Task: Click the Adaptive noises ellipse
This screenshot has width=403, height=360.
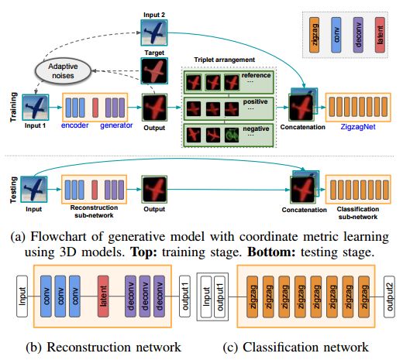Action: pos(63,70)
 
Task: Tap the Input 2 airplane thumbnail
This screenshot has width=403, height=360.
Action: pos(154,33)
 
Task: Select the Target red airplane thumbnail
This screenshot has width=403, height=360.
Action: pos(154,70)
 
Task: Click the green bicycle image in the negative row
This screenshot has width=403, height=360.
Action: pos(232,135)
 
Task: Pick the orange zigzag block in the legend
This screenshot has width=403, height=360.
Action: pos(314,35)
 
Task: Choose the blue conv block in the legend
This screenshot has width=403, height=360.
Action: pos(336,35)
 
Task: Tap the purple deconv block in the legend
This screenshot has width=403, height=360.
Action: pos(358,35)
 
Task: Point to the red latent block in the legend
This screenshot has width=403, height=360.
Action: pos(380,35)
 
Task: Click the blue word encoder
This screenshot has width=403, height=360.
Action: pos(75,125)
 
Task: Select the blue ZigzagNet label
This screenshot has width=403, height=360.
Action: pos(358,127)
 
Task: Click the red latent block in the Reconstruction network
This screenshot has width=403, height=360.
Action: pos(103,297)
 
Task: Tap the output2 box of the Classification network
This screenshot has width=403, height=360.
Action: pos(389,297)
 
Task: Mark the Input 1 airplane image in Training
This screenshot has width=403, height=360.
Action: pos(36,107)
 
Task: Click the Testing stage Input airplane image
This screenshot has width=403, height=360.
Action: pos(34,189)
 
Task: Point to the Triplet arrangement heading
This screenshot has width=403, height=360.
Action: pos(224,60)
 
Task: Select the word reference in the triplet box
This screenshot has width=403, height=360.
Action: pos(256,75)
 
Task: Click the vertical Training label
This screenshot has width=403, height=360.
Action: pos(13,107)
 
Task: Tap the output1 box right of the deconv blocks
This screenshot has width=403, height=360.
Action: pos(185,297)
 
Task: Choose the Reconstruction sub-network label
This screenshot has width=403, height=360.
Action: pos(94,211)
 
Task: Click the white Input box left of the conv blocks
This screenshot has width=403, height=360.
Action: pos(22,297)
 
